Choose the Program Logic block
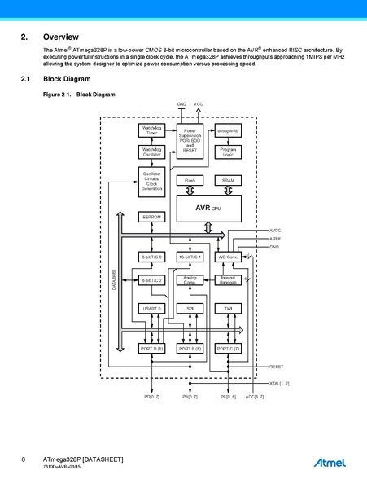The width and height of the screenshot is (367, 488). [x=228, y=152]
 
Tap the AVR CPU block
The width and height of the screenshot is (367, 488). [x=208, y=208]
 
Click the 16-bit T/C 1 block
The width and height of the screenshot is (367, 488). [x=190, y=257]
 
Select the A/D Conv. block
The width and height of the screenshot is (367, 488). [x=228, y=257]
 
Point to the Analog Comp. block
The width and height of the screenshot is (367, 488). [x=190, y=279]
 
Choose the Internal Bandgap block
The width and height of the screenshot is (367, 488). [x=228, y=279]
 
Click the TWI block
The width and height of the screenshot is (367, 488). [x=228, y=309]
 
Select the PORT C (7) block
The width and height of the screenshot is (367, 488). [x=228, y=348]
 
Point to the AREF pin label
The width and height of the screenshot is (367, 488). [x=275, y=239]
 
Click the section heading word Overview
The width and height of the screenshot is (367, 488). [x=61, y=37]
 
